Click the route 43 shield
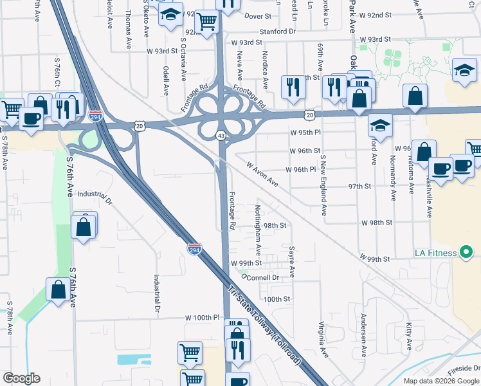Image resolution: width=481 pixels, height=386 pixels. (x=221, y=134)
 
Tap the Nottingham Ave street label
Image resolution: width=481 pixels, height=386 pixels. (x=258, y=228)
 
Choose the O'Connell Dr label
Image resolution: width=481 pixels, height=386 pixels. (x=259, y=277)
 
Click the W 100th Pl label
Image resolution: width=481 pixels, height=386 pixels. (x=203, y=318)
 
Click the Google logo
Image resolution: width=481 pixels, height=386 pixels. (x=21, y=378)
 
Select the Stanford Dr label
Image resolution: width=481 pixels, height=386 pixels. (x=277, y=30)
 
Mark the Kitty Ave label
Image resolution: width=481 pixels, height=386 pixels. (x=409, y=337)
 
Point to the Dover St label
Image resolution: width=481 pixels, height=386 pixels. (x=258, y=15)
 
